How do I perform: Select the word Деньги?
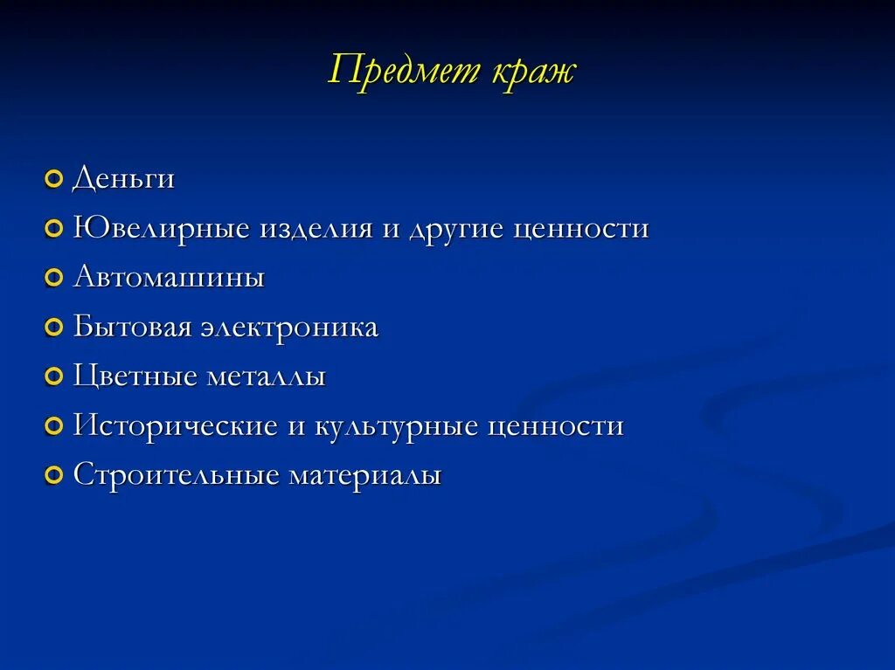124,179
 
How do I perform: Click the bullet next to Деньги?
54,179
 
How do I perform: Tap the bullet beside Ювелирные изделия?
54,229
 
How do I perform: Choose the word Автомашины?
169,278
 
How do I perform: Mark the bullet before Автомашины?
54,279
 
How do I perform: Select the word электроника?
290,328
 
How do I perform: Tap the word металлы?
266,377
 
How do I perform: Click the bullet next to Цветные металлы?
54,377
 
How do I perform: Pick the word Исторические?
174,426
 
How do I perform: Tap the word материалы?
365,476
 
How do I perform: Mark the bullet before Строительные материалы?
54,476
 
